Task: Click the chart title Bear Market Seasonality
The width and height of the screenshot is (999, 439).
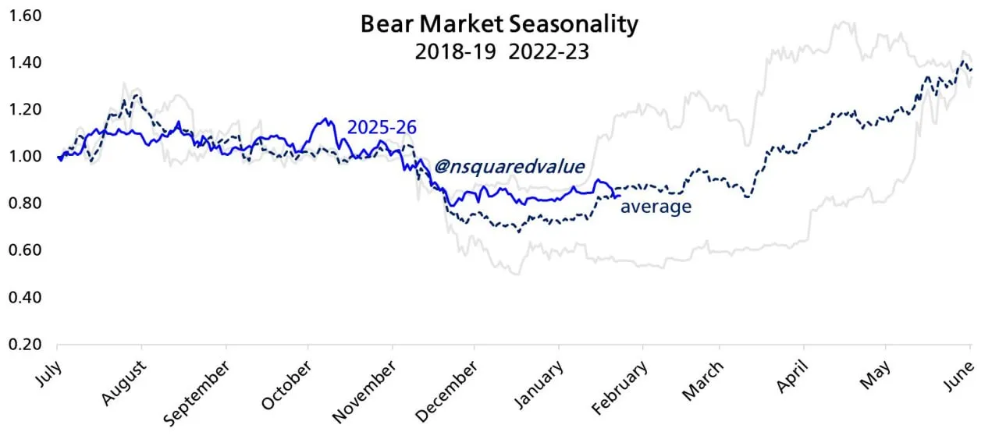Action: (x=499, y=24)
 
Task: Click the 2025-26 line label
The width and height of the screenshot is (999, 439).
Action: (x=381, y=127)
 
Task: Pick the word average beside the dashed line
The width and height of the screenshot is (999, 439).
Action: (x=656, y=207)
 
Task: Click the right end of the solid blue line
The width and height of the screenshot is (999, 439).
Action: (x=620, y=196)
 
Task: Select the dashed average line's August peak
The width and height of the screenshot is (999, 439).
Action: (x=137, y=94)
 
